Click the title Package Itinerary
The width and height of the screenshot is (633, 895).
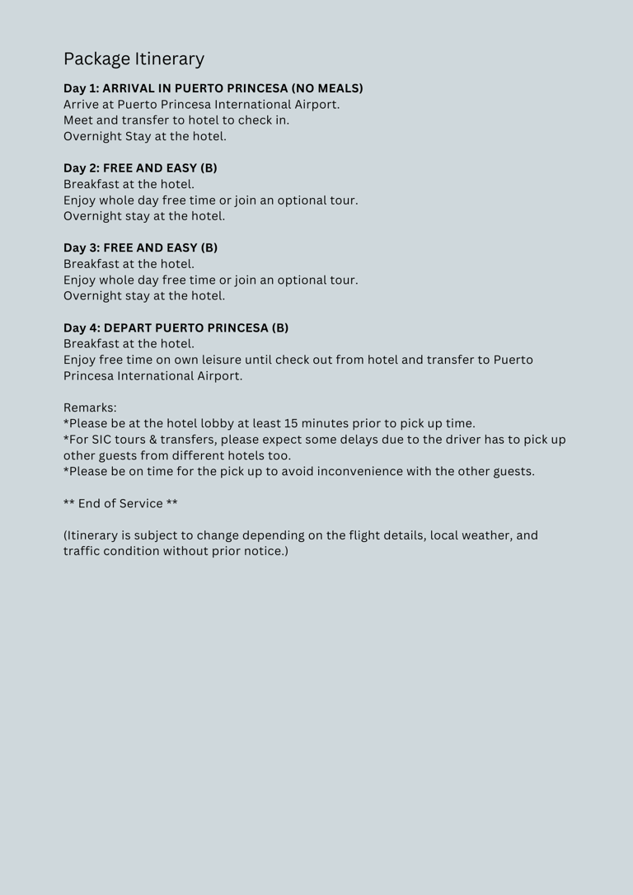click(x=134, y=59)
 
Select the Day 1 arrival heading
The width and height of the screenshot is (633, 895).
click(x=213, y=88)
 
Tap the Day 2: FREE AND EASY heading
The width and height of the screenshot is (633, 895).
click(x=140, y=168)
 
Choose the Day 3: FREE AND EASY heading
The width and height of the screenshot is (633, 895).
click(x=140, y=247)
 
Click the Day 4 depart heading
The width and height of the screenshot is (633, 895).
click(x=176, y=327)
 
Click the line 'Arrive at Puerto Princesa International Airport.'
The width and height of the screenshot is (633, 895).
click(x=201, y=105)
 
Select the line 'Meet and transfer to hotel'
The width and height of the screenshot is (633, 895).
click(x=176, y=120)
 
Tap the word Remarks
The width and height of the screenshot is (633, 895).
click(x=90, y=407)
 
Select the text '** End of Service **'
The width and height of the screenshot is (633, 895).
click(x=120, y=503)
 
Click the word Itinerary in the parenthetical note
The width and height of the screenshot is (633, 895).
click(x=96, y=535)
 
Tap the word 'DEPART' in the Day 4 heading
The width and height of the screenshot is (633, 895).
click(x=128, y=327)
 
